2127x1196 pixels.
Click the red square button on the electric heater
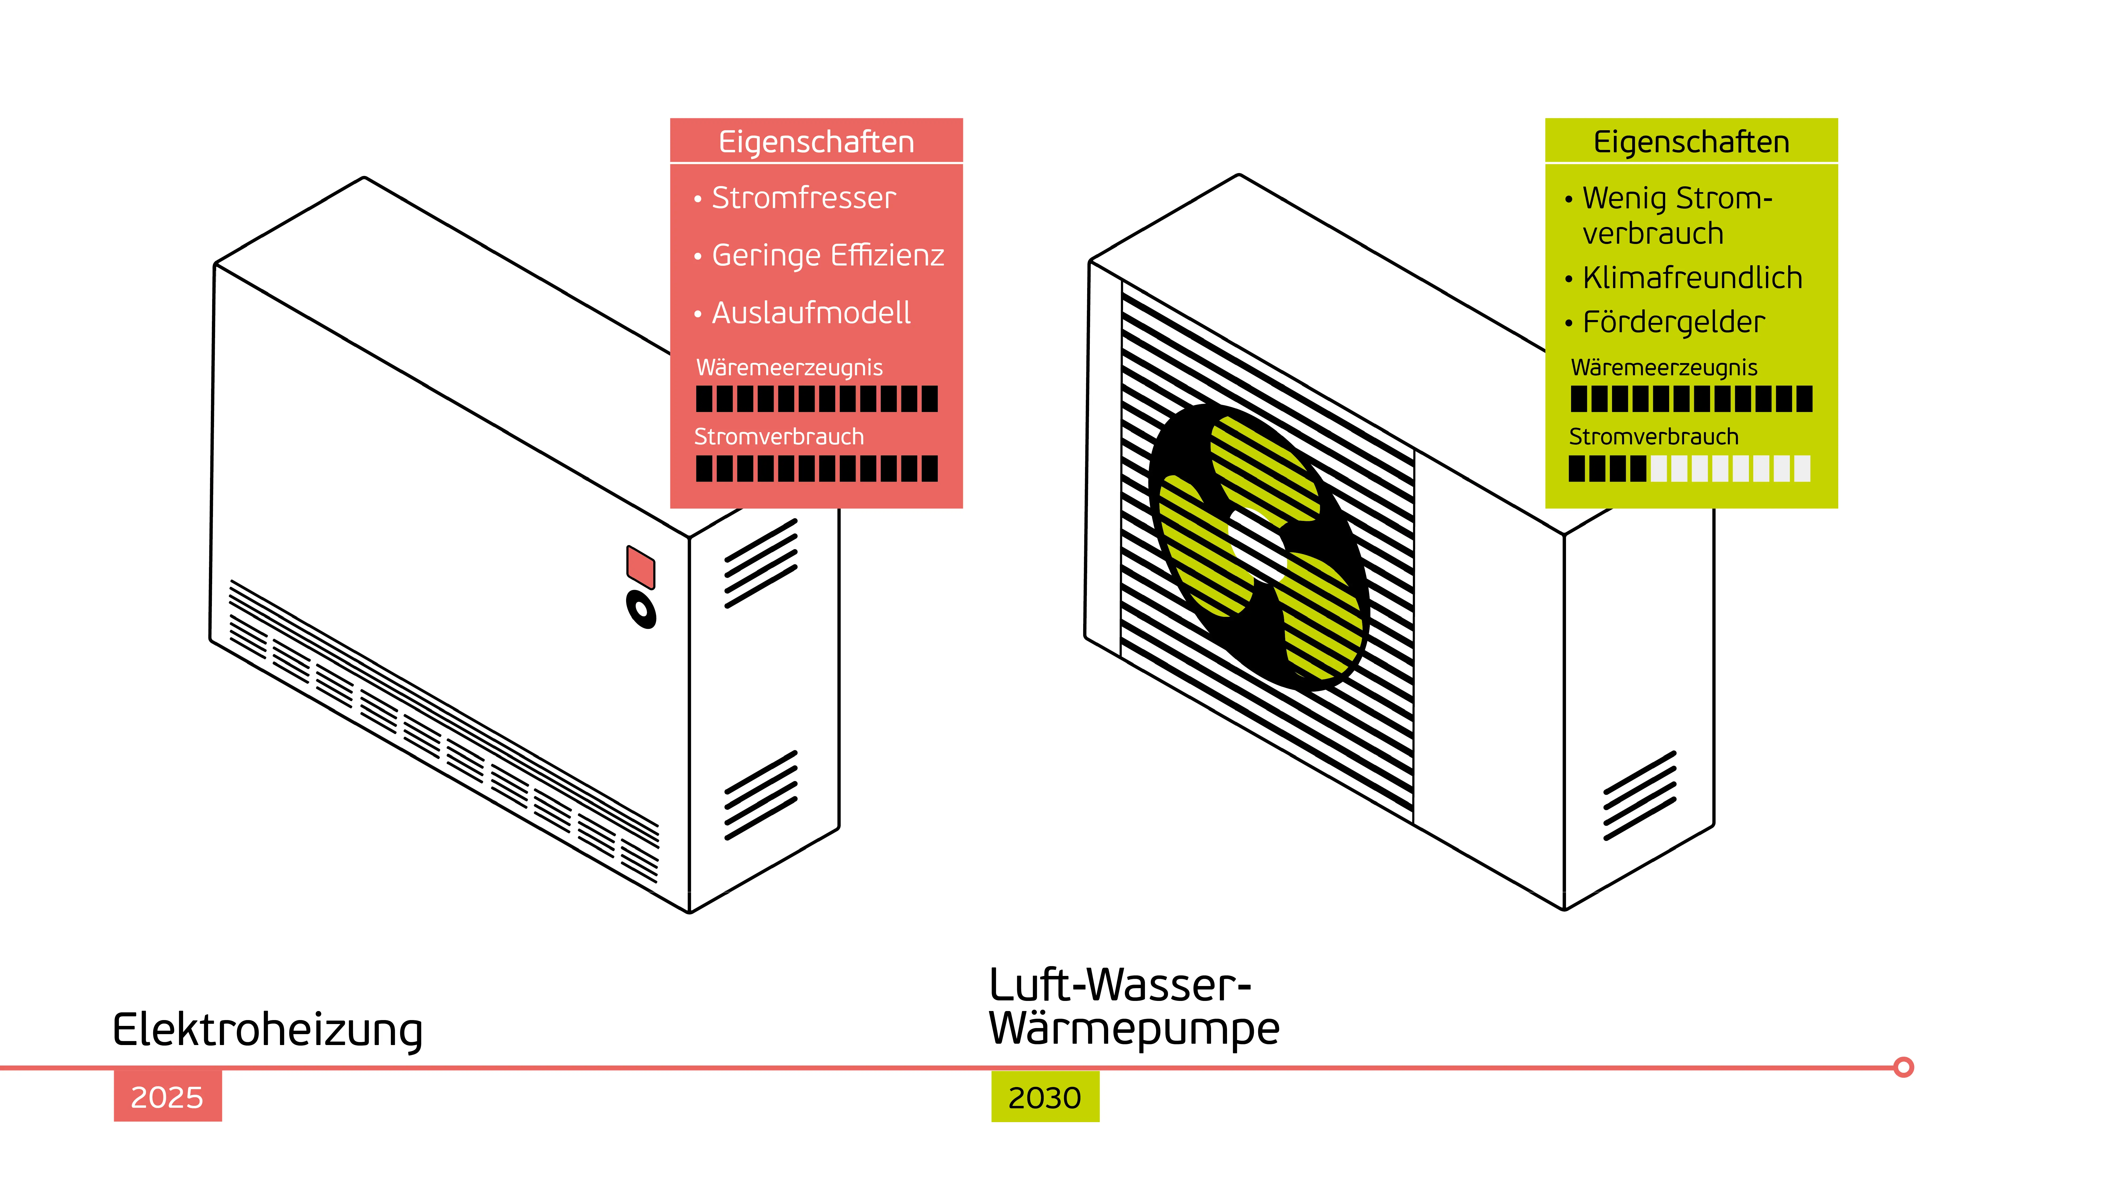click(641, 567)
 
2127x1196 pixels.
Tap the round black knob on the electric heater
click(642, 610)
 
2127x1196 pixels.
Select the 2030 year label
click(1045, 1097)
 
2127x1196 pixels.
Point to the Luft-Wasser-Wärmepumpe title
click(1133, 1007)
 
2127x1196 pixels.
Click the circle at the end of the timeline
click(1903, 1067)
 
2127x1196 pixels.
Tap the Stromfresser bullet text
click(803, 198)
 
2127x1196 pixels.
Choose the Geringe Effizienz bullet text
click(827, 255)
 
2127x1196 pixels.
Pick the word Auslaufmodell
click(811, 313)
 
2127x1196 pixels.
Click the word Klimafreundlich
click(1692, 278)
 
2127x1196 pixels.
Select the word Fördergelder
click(1674, 322)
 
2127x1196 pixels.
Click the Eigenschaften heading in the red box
click(816, 142)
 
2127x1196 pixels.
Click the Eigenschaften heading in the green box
click(1691, 142)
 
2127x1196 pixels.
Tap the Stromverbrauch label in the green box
click(1653, 437)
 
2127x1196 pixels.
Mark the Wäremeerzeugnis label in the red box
click(789, 367)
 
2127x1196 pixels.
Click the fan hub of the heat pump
click(1259, 547)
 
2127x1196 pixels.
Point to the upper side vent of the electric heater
click(760, 564)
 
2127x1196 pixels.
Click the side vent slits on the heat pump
click(1640, 796)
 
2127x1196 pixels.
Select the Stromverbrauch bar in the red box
click(817, 469)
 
